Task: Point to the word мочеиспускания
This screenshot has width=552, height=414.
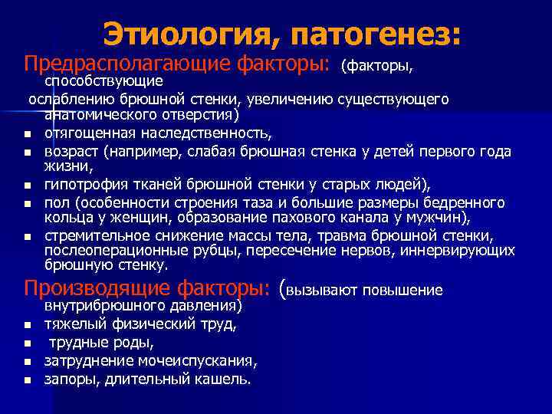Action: click(199, 360)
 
